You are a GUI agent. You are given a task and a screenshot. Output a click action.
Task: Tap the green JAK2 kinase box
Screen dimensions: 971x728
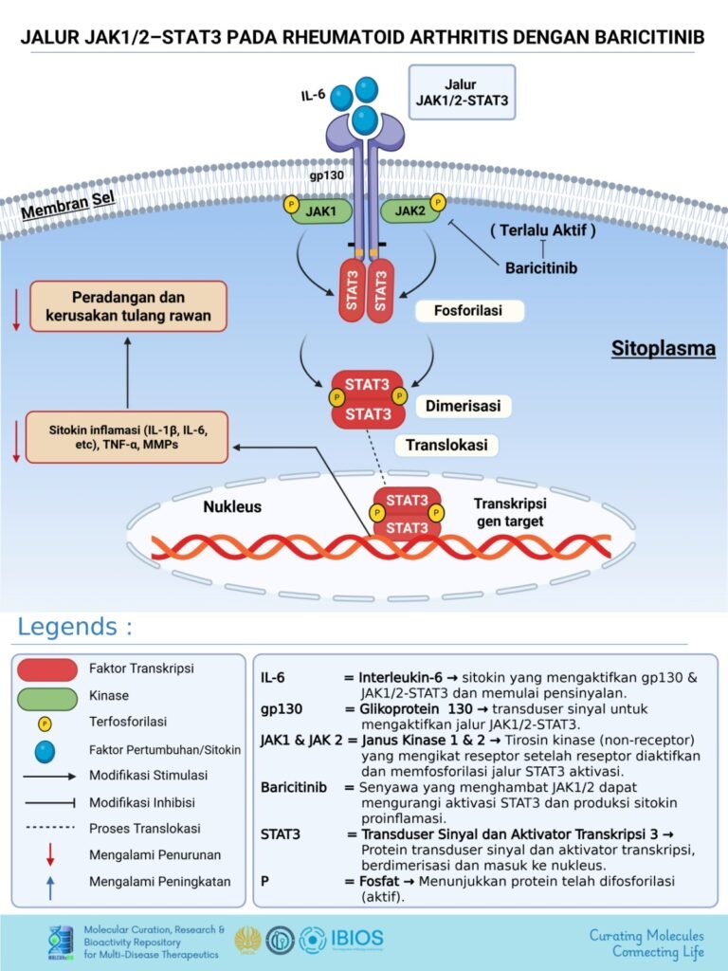tap(409, 211)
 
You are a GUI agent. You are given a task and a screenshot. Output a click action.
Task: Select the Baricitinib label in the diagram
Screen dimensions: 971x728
tap(541, 267)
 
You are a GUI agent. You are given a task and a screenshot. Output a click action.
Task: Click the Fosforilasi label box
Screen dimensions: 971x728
tap(469, 311)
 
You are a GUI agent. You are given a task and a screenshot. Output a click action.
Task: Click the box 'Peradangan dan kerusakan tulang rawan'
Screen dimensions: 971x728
tap(129, 305)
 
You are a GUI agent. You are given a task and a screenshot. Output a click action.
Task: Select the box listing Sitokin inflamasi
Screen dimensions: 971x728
tap(128, 437)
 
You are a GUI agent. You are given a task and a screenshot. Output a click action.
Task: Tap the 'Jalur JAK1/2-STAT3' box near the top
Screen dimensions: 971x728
tap(464, 92)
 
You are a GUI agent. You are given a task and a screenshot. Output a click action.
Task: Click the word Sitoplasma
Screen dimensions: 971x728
tap(663, 350)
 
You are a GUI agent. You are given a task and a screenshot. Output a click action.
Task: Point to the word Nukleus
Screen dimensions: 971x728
tap(232, 506)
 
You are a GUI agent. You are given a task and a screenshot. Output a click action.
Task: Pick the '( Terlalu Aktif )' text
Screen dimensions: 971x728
tap(542, 231)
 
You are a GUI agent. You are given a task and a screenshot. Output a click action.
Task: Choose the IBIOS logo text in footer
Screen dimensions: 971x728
tap(357, 939)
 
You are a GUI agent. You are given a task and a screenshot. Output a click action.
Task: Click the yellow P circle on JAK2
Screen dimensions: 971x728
tap(437, 202)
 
